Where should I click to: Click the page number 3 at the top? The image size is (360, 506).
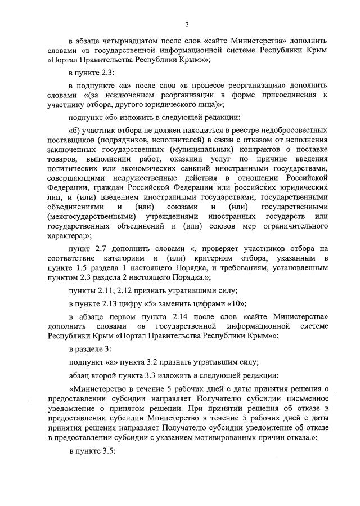click(187, 24)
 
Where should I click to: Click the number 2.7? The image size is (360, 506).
click(102, 249)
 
